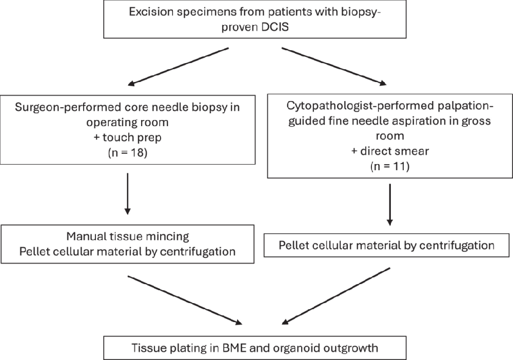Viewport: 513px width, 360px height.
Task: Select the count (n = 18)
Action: (128, 152)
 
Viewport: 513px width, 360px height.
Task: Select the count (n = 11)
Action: (390, 166)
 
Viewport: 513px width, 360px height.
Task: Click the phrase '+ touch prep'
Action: (128, 137)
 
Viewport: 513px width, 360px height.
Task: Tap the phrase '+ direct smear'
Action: (390, 151)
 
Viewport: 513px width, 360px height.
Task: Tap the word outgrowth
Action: (350, 348)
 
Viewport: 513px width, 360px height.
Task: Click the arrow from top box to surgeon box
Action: (178, 67)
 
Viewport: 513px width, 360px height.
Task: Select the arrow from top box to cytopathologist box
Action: (334, 66)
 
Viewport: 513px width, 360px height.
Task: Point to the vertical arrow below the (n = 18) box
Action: (128, 193)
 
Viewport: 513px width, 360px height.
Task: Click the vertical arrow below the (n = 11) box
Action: (390, 205)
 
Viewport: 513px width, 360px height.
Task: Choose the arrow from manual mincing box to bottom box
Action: (185, 301)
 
